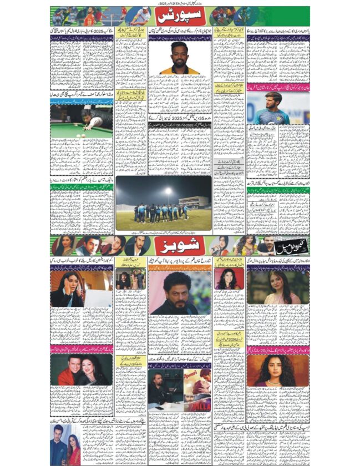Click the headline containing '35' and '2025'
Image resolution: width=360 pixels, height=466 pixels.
(x=180, y=118)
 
